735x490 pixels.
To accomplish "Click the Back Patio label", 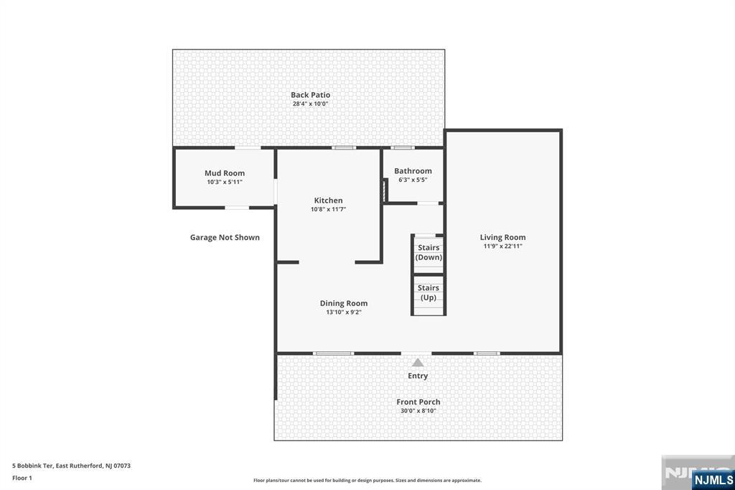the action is (310, 95).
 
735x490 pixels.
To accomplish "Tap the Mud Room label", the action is (225, 173).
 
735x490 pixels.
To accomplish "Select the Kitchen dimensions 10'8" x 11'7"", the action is (328, 209).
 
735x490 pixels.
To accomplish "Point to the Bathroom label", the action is (413, 171).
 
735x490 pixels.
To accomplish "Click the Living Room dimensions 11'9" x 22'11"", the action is (503, 246).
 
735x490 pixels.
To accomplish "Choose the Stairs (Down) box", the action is (429, 254).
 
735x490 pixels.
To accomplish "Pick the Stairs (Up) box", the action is (429, 295).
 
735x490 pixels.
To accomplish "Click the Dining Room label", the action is (344, 303).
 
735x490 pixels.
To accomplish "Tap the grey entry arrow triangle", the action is (418, 362).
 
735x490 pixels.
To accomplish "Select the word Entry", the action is (418, 376).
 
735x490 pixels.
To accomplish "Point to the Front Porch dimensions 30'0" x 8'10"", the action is (418, 411).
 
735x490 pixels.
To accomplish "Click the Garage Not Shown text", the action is (225, 238).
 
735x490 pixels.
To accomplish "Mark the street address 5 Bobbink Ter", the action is (32, 466).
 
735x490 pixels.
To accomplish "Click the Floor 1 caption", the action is (22, 478).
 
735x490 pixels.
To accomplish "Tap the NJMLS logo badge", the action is (713, 480).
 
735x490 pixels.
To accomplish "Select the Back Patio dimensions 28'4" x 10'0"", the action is (310, 103).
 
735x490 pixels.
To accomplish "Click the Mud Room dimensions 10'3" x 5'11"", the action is (225, 182).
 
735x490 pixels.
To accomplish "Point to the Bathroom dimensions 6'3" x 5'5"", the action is (413, 180).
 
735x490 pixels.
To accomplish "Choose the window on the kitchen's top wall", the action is (344, 148).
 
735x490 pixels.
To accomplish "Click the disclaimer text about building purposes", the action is (367, 480).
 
